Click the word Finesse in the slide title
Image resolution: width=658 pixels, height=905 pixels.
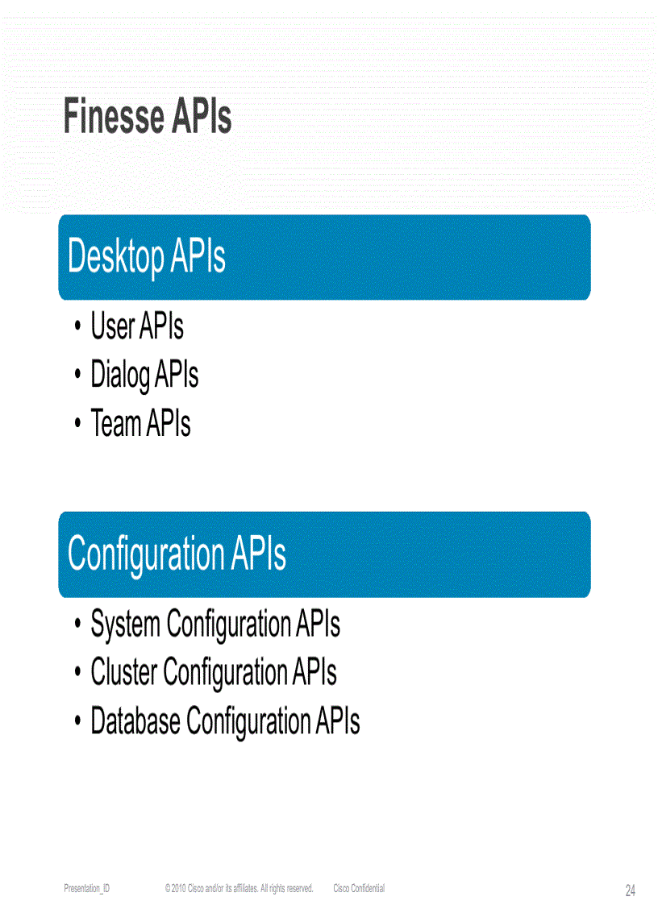click(113, 118)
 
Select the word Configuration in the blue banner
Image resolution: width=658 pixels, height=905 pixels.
click(146, 554)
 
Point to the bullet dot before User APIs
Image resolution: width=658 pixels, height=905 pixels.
click(77, 328)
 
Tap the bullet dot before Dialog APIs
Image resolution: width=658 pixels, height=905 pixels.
click(77, 376)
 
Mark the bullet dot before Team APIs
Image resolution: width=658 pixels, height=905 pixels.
click(77, 425)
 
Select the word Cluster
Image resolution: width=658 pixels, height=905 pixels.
click(124, 672)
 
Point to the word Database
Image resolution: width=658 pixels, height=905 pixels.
click(135, 720)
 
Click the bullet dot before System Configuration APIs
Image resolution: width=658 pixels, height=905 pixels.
click(77, 625)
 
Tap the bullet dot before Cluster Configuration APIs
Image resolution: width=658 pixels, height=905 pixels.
click(77, 673)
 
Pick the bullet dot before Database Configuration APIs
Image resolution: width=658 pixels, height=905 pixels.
click(77, 721)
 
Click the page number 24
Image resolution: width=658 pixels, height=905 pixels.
click(630, 890)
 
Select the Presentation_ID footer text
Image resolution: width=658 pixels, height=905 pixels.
click(87, 888)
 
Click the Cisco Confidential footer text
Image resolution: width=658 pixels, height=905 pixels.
click(359, 888)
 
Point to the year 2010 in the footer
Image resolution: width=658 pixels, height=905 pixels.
click(178, 888)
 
